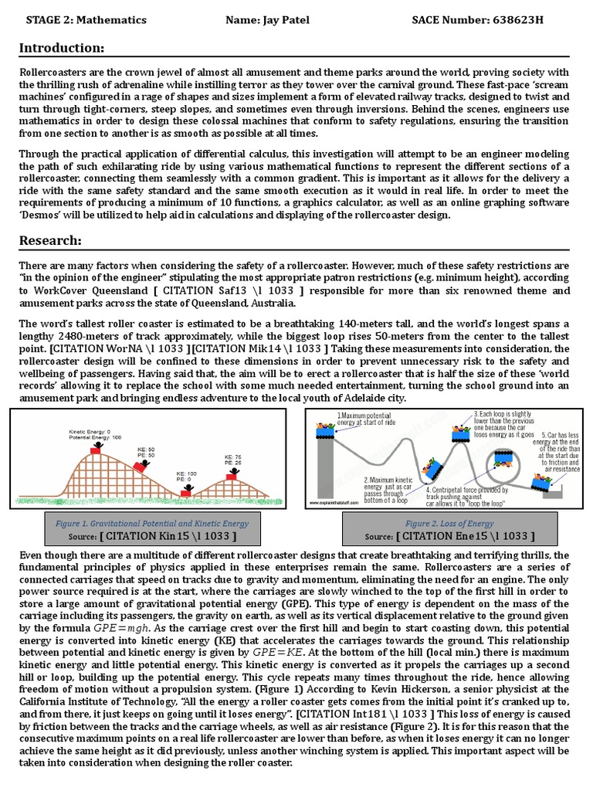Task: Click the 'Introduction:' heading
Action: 61,49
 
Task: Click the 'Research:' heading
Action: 50,240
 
